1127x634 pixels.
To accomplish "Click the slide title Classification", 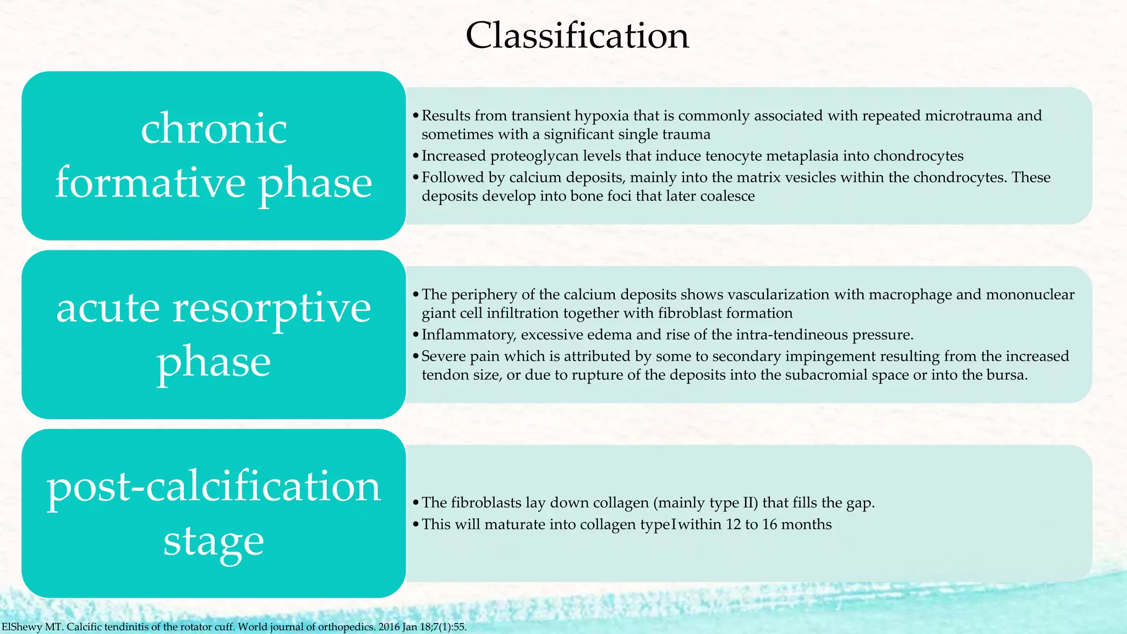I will tap(577, 36).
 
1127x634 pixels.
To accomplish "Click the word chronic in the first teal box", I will tap(214, 129).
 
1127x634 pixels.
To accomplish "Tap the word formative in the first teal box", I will tap(150, 183).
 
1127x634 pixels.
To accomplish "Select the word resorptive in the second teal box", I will tap(272, 308).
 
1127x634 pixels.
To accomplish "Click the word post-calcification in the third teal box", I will tap(214, 487).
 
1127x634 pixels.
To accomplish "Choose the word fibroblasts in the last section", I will tap(486, 502).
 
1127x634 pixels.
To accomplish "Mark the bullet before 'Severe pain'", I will tap(416, 357).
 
